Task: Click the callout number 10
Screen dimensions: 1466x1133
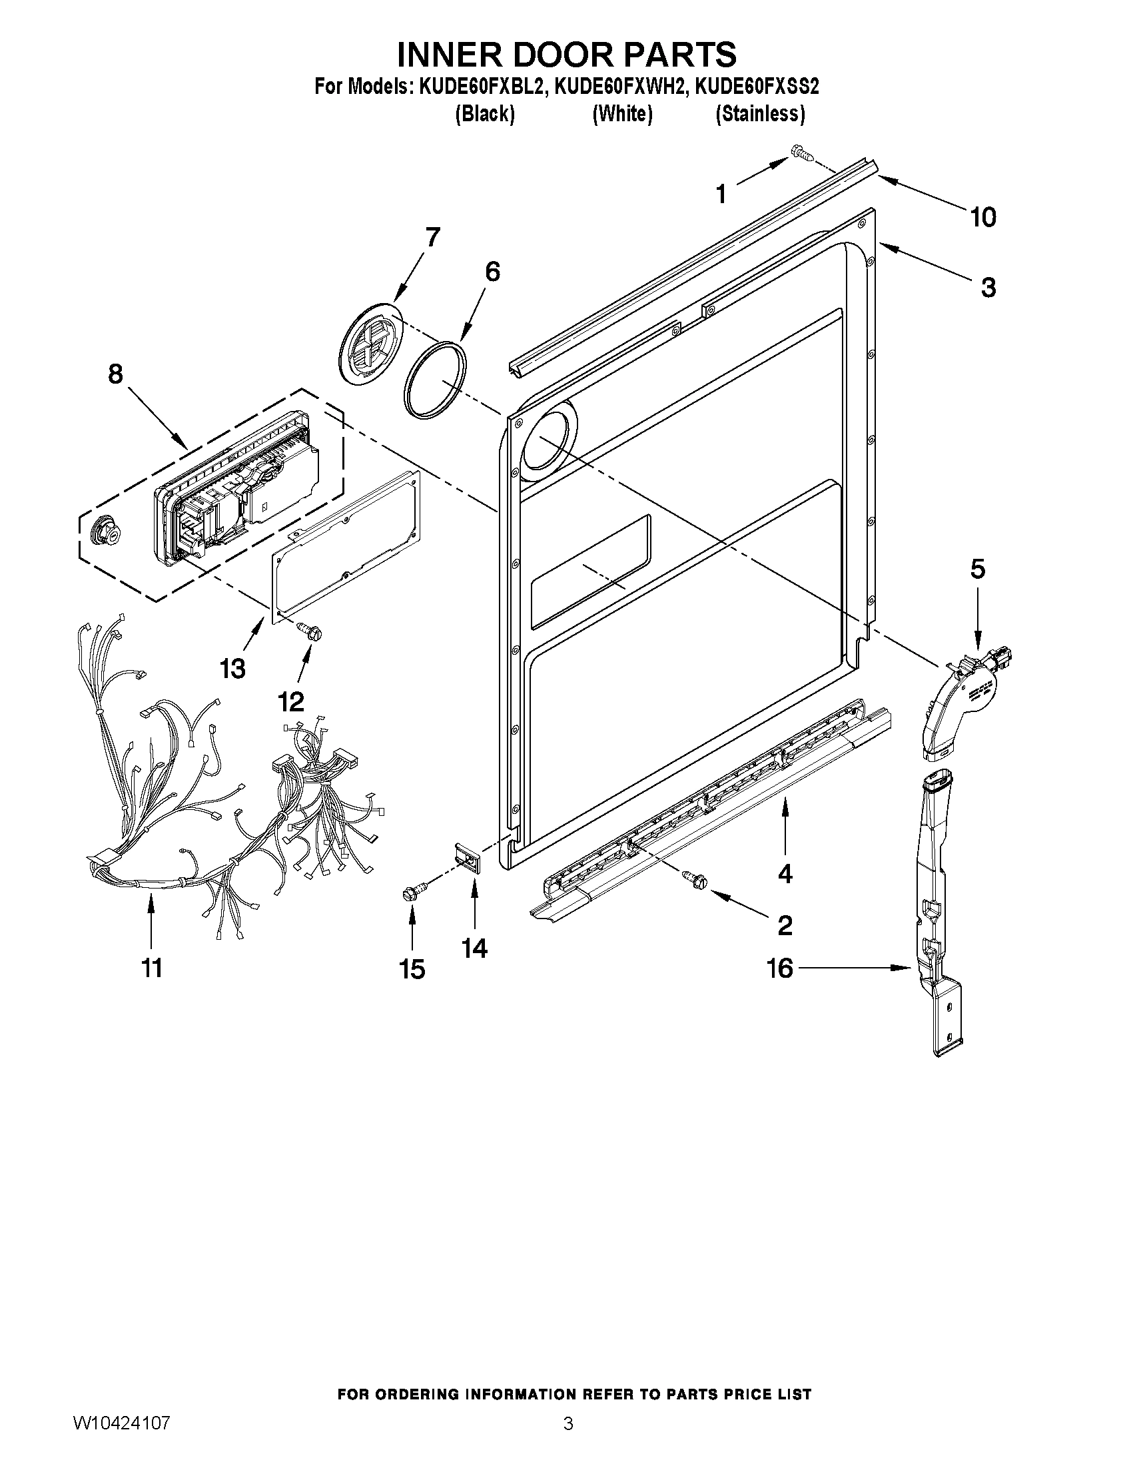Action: point(982,217)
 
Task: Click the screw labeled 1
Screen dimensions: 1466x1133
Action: point(801,153)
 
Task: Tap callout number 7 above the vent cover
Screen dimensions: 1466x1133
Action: point(432,238)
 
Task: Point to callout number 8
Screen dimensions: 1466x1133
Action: point(115,374)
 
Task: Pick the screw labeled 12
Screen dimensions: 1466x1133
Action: point(310,629)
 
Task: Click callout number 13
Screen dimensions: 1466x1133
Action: point(233,668)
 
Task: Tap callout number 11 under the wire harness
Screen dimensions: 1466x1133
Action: point(153,967)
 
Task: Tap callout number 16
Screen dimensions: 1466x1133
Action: point(780,968)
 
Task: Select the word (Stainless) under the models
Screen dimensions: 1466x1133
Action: point(760,114)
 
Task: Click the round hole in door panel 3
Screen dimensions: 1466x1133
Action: point(546,441)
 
